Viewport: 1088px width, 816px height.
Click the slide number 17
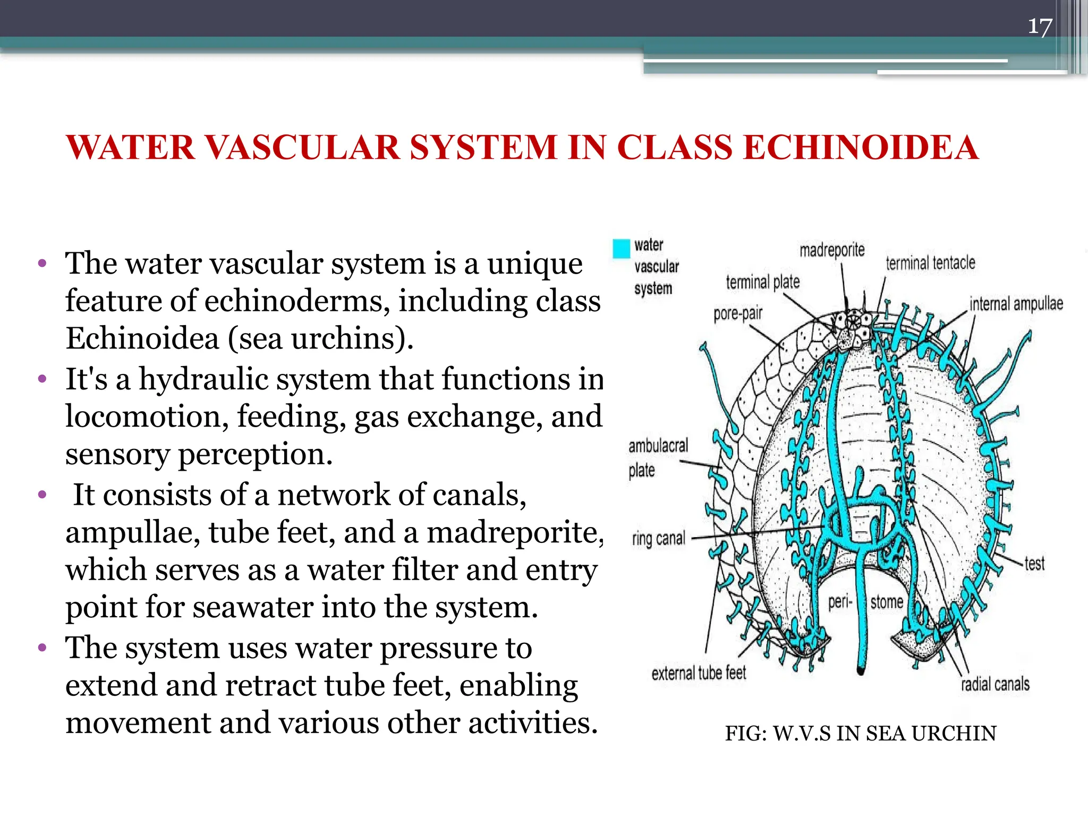(1040, 26)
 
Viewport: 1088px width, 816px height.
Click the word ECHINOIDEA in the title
(860, 147)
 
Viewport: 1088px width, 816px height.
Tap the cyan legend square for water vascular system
(621, 249)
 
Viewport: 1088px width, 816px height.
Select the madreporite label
(832, 250)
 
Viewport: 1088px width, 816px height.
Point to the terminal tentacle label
(930, 262)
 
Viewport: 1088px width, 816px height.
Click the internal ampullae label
(1016, 304)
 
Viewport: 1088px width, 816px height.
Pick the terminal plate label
(762, 282)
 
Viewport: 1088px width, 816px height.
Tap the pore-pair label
(737, 313)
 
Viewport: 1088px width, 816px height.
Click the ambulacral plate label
(658, 457)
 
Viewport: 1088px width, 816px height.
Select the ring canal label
(658, 539)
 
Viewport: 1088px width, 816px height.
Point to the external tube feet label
(699, 673)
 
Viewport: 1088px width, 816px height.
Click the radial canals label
(994, 684)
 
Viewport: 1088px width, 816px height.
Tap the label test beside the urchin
(1034, 563)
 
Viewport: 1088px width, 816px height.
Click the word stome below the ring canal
(887, 602)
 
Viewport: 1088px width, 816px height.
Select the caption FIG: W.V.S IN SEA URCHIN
(860, 734)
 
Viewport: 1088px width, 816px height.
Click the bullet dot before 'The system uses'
(42, 648)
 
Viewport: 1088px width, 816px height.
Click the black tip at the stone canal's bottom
(861, 671)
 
